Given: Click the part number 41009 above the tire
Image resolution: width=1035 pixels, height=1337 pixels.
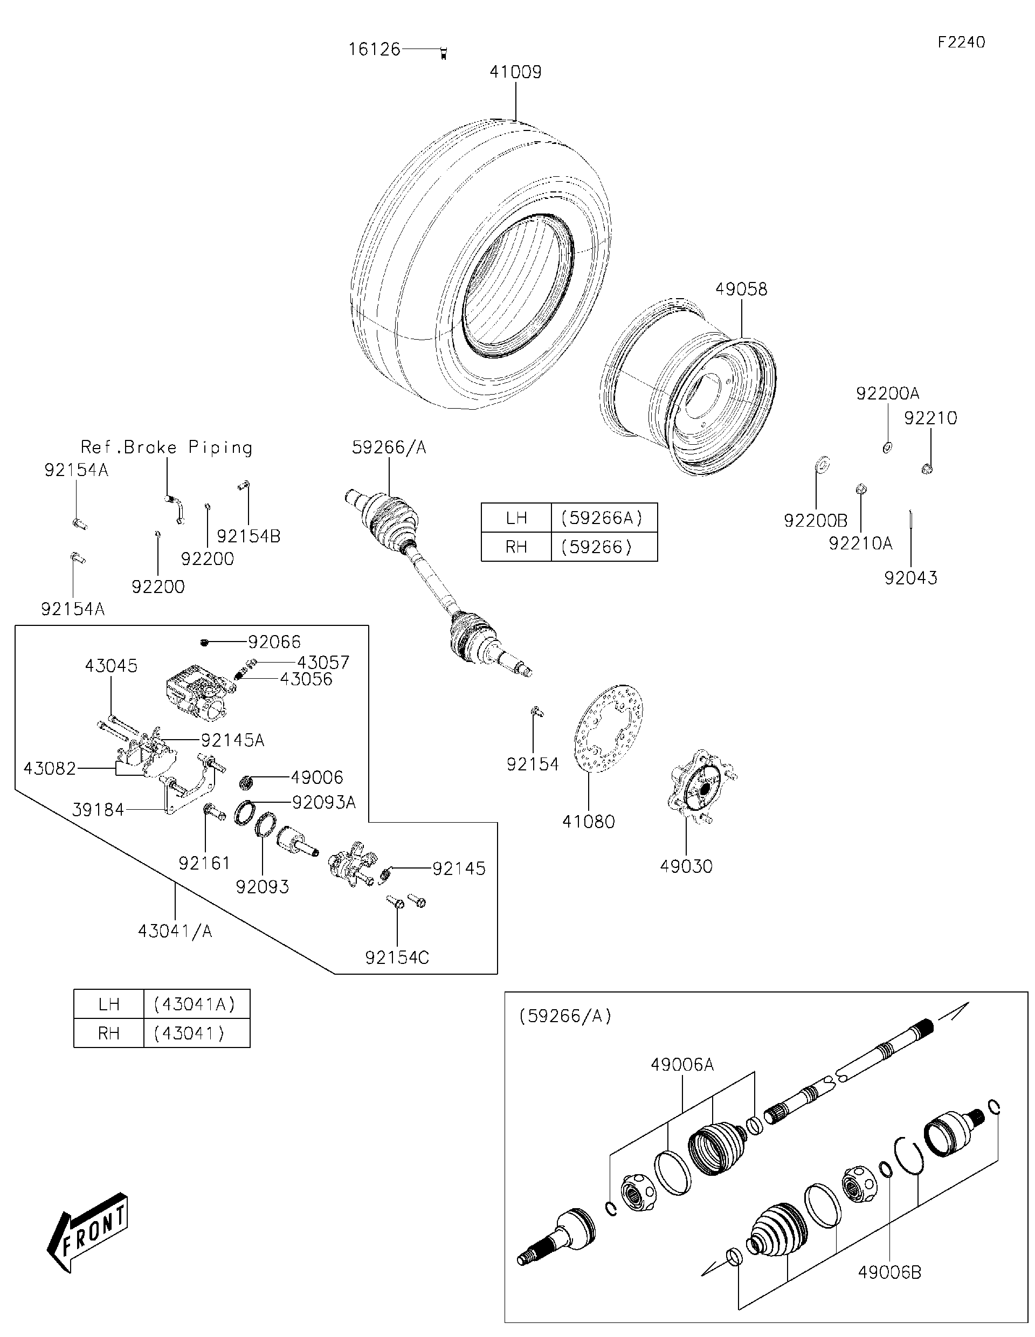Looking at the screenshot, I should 515,72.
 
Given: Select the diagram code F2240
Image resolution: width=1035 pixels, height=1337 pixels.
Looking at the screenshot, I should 961,42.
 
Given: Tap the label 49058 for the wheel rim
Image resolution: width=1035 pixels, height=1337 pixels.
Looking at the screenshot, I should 741,289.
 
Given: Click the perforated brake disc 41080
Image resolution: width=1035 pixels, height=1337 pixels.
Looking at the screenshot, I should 609,728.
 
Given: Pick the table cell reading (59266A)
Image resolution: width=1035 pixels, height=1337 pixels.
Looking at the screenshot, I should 603,518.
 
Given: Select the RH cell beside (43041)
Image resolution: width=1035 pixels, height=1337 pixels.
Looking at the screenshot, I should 108,1034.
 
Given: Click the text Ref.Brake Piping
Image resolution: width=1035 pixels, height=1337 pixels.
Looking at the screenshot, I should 167,447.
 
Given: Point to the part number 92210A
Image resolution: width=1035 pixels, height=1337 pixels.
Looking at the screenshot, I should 860,543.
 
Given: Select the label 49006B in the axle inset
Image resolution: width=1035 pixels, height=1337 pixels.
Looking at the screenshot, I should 889,1272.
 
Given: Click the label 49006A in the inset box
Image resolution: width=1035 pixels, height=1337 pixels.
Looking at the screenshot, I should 682,1065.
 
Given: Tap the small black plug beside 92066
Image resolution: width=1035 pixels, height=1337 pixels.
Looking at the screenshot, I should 204,642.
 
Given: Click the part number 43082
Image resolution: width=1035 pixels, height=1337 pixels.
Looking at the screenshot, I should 50,768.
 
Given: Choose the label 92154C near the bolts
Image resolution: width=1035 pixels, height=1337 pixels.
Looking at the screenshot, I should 397,957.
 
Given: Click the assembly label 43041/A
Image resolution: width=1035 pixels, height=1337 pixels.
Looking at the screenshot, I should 175,931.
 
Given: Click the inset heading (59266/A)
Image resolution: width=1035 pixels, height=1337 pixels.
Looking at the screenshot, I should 565,1016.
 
